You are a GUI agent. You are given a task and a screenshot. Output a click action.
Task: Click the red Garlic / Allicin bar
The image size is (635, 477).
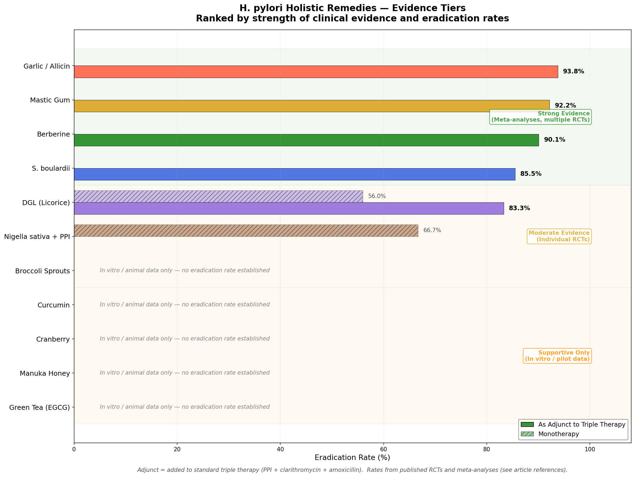pos(316,72)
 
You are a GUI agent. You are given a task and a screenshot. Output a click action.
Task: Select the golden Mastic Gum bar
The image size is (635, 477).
pos(311,106)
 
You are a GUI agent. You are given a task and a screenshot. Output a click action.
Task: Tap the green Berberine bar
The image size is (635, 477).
pos(306,140)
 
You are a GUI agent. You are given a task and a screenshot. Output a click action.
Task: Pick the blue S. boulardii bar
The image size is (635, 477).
pos(295,174)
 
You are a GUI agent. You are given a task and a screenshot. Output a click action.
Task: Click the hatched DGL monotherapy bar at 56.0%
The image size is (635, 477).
pos(218,196)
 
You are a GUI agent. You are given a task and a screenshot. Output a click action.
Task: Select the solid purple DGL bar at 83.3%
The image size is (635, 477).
pos(289,208)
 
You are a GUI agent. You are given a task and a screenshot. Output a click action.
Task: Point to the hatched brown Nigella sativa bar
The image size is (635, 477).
pos(246,231)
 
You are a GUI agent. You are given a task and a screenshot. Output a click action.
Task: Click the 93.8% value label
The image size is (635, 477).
pos(573,72)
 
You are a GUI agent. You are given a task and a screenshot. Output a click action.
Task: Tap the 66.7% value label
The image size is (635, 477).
pos(432,230)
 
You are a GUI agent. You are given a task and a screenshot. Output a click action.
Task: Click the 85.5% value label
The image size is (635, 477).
pos(531,174)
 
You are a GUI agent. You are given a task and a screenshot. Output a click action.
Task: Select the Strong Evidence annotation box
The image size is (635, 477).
pos(540,117)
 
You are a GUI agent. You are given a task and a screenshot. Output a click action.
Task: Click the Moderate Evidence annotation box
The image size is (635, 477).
pos(559,236)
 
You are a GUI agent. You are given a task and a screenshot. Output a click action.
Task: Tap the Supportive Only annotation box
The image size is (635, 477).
pos(557,356)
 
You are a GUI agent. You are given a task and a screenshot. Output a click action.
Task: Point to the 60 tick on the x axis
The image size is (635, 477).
pos(383,449)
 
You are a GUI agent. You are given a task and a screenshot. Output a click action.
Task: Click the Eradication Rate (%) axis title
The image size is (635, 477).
pos(352,457)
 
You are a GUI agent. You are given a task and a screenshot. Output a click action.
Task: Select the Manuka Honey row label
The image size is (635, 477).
pos(45,373)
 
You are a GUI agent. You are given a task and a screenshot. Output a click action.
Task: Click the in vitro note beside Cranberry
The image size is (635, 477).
pos(185,339)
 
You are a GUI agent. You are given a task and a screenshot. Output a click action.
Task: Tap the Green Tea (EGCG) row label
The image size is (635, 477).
pos(40,407)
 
